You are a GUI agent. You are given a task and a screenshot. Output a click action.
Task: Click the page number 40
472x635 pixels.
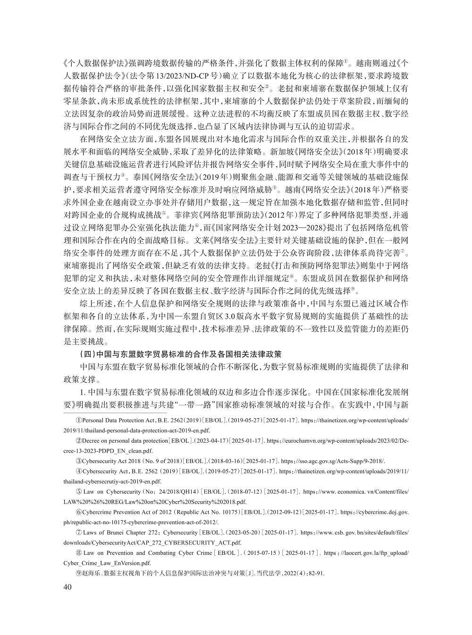coord(67,587)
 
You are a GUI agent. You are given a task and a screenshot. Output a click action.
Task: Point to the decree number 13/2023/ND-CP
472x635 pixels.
coord(184,75)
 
